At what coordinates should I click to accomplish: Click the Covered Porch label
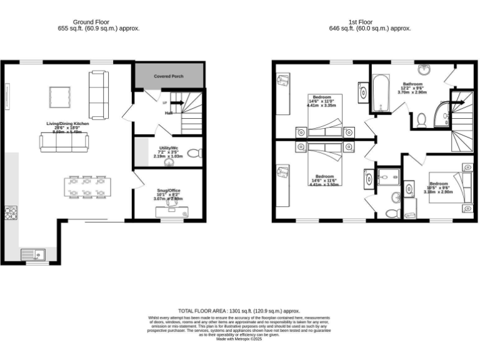(169, 76)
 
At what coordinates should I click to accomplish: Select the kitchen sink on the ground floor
(32, 254)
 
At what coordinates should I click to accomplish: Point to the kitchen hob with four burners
(11, 213)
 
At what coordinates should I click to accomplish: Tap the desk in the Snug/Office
(171, 211)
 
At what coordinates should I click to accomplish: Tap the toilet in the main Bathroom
(421, 119)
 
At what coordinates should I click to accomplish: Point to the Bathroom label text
(413, 84)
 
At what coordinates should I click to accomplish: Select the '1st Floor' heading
(370, 22)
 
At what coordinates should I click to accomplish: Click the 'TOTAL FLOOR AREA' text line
(239, 311)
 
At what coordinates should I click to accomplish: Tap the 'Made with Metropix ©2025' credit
(239, 339)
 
